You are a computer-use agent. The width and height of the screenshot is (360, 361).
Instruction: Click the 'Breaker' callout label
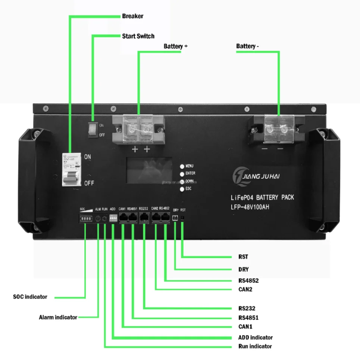(x=132, y=16)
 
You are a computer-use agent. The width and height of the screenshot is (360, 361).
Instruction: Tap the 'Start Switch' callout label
(x=138, y=36)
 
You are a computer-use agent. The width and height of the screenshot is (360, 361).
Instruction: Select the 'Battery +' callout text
(x=175, y=46)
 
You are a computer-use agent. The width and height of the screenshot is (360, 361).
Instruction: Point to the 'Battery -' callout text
(x=247, y=46)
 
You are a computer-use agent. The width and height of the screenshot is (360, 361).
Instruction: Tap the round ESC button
(x=182, y=189)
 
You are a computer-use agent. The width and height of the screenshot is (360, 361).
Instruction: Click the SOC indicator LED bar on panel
(x=85, y=219)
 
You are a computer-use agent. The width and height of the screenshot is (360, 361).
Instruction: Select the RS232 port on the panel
(x=144, y=219)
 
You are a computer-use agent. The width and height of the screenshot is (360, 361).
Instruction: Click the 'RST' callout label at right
(x=243, y=257)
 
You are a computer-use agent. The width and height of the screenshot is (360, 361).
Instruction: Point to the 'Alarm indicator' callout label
(x=58, y=317)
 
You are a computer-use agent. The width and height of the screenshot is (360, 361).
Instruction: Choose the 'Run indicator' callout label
(x=255, y=346)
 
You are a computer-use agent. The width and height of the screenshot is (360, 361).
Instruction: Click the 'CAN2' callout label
(x=245, y=289)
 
